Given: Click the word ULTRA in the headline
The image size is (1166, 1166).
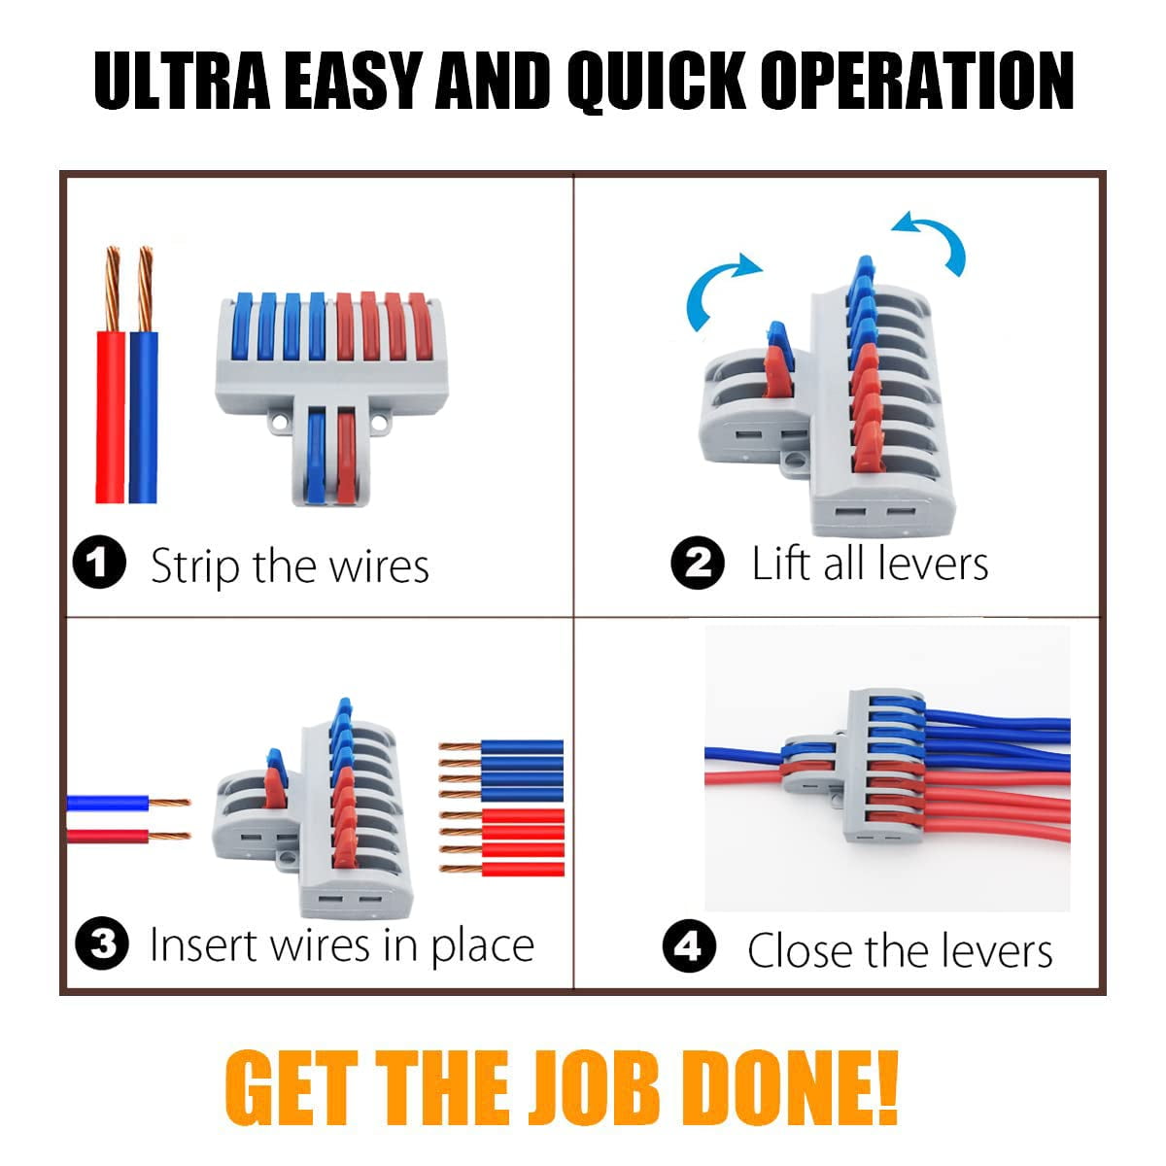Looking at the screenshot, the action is click(182, 81).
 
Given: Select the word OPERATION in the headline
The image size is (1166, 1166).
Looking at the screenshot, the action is click(916, 81).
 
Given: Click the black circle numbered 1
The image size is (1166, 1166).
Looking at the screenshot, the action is click(99, 563).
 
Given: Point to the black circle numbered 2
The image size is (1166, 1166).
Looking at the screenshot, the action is click(698, 563).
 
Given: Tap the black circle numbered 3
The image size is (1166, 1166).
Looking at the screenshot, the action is click(102, 943).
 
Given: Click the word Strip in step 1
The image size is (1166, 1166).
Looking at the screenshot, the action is click(195, 566).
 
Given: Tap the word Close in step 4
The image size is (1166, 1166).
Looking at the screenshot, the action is click(800, 950).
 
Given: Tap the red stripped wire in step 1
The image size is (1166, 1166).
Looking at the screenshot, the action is click(110, 375).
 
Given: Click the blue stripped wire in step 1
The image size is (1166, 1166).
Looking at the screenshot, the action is click(144, 375).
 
